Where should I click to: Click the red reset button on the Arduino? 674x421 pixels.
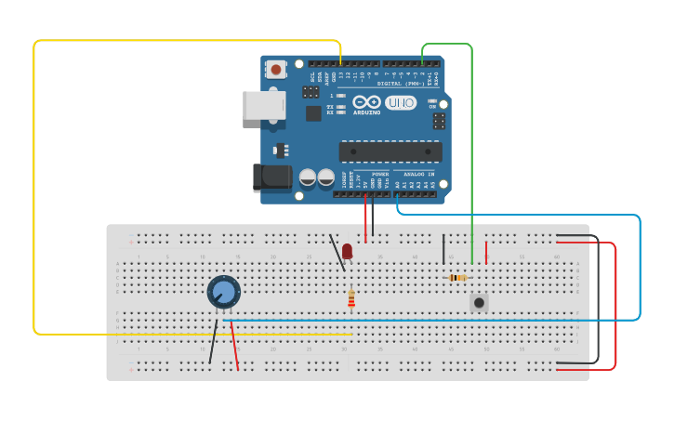tap(276, 69)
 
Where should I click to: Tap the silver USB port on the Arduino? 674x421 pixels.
tap(263, 105)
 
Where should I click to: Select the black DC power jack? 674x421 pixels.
tap(271, 177)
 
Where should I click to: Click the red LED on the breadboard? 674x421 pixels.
tap(347, 251)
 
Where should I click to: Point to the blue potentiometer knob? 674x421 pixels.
tap(224, 292)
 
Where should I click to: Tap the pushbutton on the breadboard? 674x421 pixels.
tap(479, 302)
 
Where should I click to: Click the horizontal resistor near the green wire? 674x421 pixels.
tap(457, 277)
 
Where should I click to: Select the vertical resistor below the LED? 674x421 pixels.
tap(351, 298)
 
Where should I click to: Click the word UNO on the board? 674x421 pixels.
tap(401, 102)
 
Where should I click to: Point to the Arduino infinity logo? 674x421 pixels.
tap(366, 101)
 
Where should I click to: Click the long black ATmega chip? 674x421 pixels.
tap(390, 151)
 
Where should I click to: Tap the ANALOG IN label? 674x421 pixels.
tap(418, 174)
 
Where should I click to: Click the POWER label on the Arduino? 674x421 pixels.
tap(380, 174)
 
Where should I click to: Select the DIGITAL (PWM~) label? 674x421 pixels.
tap(402, 83)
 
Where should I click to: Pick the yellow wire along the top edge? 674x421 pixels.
tap(186, 40)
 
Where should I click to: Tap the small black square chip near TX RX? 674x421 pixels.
tap(313, 112)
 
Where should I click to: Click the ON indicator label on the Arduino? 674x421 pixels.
tap(432, 107)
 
